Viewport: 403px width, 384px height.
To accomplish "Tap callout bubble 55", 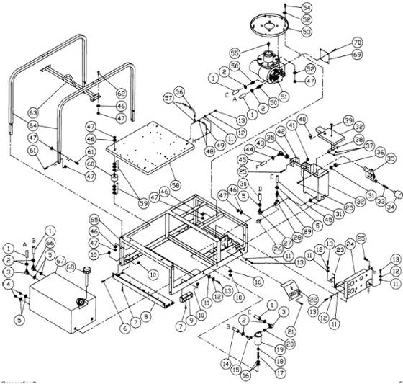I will click(234, 54).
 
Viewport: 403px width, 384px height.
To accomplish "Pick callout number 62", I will click(120, 93).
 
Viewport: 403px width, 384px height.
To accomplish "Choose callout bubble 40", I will click(302, 119).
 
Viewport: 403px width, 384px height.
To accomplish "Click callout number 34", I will click(391, 207).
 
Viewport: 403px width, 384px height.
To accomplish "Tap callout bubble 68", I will click(71, 267).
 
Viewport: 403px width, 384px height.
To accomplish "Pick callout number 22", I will click(313, 298).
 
